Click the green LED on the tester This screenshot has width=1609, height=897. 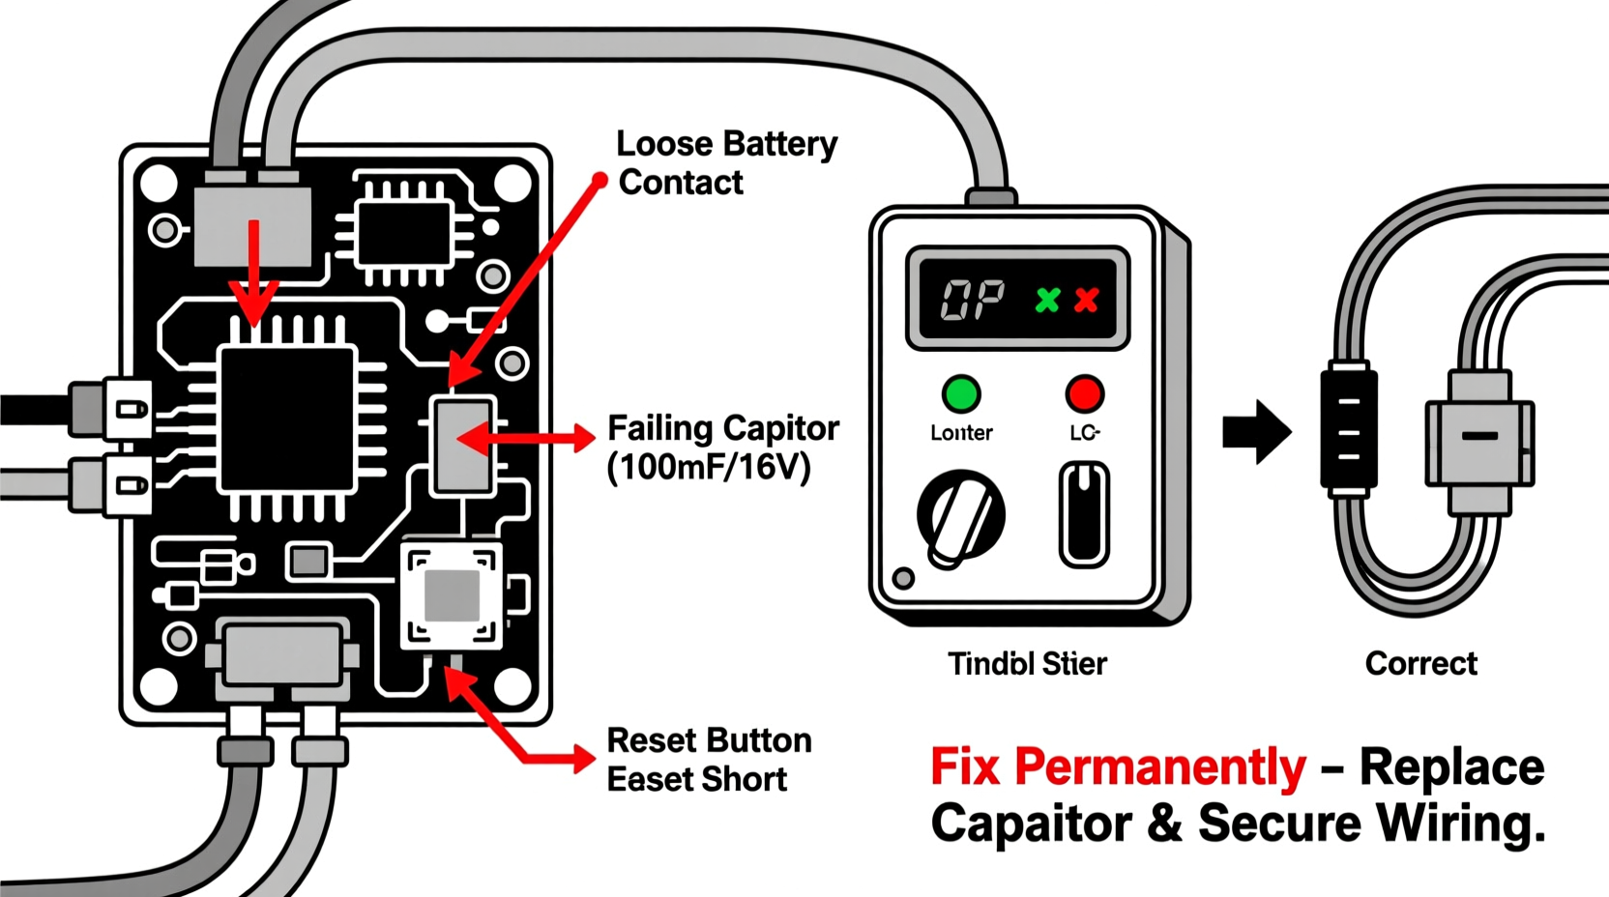(961, 393)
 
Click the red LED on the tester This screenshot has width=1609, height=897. (1084, 393)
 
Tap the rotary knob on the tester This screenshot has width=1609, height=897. (960, 515)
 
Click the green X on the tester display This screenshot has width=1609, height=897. (1047, 300)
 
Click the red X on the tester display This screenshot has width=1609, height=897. (1087, 300)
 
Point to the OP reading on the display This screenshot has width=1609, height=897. (972, 301)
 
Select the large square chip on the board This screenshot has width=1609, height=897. (287, 420)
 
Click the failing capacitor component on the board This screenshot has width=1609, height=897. (462, 445)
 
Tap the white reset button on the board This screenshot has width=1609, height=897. (452, 595)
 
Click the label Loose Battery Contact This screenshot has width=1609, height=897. (725, 162)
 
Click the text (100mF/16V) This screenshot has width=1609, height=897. (708, 468)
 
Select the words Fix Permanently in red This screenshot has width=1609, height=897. (1117, 767)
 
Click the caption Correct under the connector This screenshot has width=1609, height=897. (1420, 664)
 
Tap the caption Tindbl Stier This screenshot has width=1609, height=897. (1027, 664)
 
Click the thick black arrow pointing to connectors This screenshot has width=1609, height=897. (1256, 431)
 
